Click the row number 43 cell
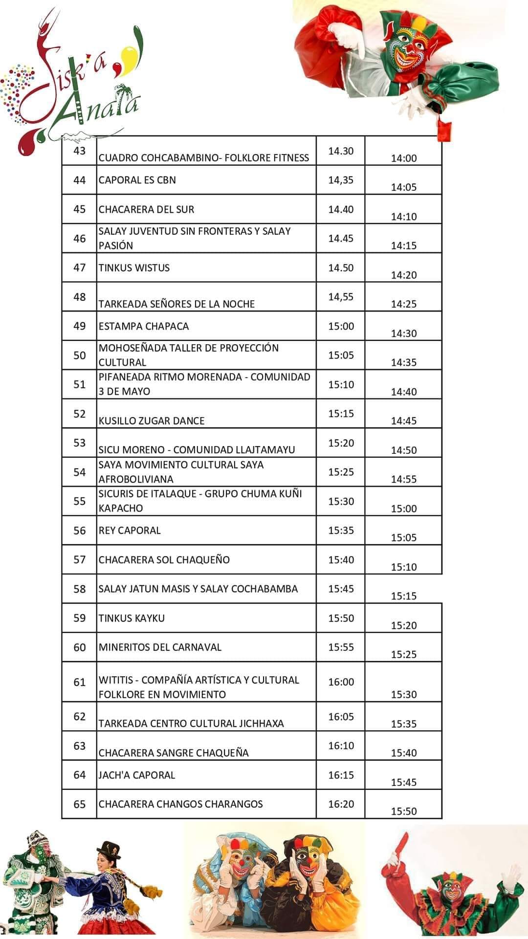click(79, 151)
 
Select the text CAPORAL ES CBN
click(137, 180)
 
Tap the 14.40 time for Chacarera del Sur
click(341, 209)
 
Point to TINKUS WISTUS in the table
click(134, 268)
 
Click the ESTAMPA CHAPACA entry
click(144, 326)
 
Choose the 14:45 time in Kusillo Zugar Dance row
click(404, 421)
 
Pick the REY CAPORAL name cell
click(130, 530)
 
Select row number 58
click(79, 589)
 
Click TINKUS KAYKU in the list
click(132, 618)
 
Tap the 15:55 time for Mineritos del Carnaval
click(341, 647)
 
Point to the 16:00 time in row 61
click(341, 682)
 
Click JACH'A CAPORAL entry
click(137, 775)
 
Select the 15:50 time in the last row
click(404, 811)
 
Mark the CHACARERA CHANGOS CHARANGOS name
click(181, 804)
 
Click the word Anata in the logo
click(98, 105)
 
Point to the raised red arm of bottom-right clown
click(398, 853)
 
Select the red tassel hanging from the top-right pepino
click(443, 130)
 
